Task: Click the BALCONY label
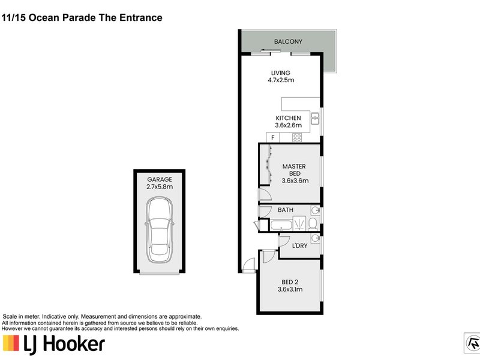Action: click(x=288, y=41)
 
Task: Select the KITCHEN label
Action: click(x=288, y=118)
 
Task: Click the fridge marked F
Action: click(x=273, y=137)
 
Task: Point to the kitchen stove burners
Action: click(x=296, y=137)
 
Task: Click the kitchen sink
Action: click(x=314, y=119)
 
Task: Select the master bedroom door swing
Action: click(x=263, y=195)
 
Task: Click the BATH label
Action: click(x=285, y=210)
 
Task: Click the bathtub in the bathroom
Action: click(x=281, y=226)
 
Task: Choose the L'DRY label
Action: click(x=299, y=247)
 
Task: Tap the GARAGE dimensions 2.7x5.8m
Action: click(x=159, y=187)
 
